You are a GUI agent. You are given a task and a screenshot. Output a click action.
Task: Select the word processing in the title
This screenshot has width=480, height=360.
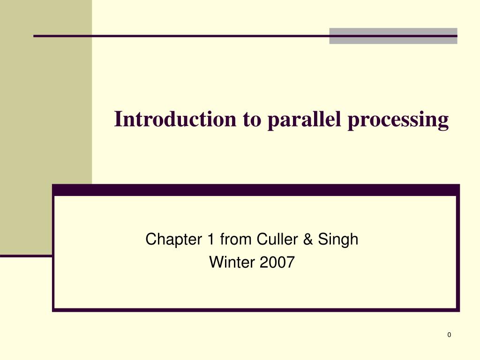click(398, 120)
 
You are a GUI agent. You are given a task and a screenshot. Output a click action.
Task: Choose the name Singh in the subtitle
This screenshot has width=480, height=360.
click(338, 240)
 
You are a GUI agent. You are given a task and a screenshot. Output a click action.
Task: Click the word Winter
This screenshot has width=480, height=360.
click(231, 262)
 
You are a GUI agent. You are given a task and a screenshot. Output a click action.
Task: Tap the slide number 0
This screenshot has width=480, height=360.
click(449, 335)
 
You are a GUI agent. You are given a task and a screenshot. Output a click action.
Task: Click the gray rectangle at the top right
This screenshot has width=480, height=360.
click(393, 36)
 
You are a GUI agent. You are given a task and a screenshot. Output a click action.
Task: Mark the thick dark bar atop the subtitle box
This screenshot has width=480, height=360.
click(255, 190)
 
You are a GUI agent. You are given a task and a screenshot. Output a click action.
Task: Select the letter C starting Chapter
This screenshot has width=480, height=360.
click(150, 240)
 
